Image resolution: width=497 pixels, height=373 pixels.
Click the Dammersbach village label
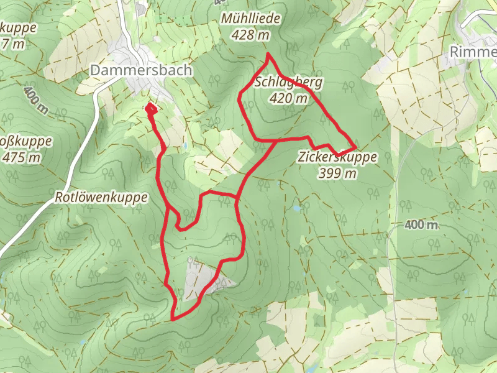coord(141,70)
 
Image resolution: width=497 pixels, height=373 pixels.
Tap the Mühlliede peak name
coord(250,20)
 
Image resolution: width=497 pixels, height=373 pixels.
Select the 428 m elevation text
coord(250,35)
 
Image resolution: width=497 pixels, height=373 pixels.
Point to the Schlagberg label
coord(288,83)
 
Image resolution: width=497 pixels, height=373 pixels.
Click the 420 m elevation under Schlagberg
coord(289,98)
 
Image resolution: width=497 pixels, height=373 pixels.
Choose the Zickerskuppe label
coord(337,158)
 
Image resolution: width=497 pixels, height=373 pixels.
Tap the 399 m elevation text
coord(337,173)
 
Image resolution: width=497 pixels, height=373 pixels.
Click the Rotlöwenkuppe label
coord(101,198)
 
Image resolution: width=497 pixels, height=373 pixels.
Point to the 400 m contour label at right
coord(421,224)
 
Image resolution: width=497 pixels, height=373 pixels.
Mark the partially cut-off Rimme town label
coord(473,52)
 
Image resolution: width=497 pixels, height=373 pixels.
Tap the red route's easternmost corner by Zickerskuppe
coord(355,147)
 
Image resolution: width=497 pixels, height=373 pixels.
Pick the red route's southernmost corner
coord(172,319)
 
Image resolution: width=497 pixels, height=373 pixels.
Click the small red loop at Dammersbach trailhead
coord(150,109)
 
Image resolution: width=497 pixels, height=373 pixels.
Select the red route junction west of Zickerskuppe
coord(276,140)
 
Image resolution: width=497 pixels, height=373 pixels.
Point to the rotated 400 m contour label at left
coord(36,99)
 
